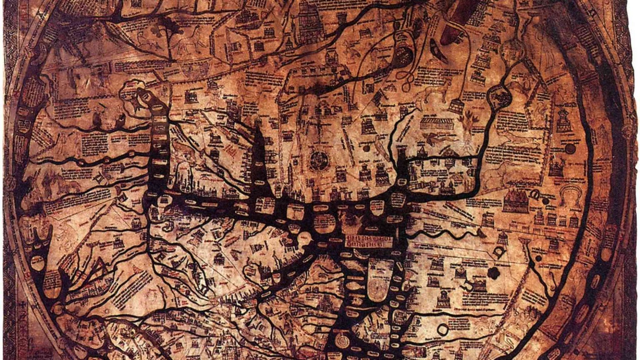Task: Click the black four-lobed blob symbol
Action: click(494, 273)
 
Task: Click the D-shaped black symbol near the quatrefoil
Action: click(498, 252)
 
